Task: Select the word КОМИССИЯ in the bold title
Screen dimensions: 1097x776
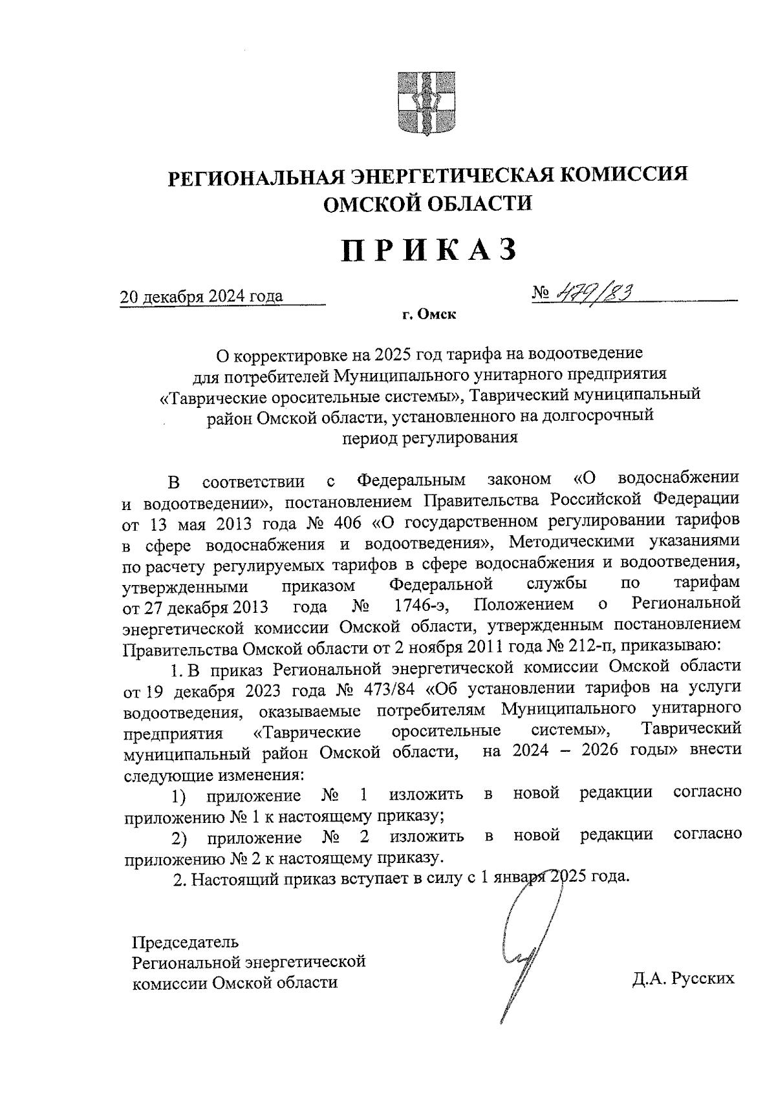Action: click(624, 176)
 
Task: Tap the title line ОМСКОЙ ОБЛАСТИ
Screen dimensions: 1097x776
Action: click(427, 204)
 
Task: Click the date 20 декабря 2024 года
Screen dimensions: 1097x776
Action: click(202, 297)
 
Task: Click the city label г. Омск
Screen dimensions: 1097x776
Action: click(428, 315)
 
